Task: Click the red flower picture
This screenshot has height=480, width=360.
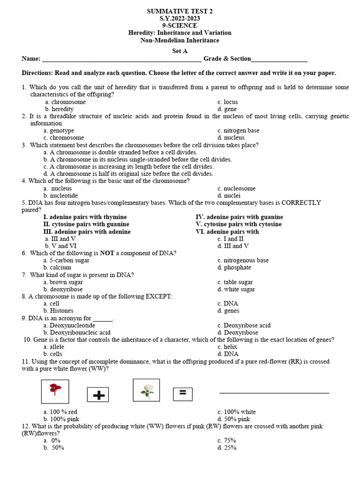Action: click(55, 391)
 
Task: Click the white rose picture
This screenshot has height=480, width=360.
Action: click(146, 390)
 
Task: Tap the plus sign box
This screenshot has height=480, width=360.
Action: click(97, 395)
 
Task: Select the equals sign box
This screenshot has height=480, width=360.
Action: click(183, 394)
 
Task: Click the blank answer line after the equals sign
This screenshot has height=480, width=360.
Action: click(274, 392)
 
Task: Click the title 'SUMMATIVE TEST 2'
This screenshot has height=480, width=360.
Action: click(180, 11)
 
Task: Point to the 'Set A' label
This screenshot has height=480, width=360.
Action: click(180, 51)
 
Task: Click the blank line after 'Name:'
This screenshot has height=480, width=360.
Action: click(122, 60)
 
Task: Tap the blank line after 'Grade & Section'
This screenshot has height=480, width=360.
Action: click(279, 60)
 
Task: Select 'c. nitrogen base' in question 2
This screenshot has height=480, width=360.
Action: click(238, 131)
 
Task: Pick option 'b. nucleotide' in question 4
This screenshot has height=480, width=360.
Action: click(60, 195)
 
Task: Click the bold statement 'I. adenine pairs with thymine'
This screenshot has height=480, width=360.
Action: click(85, 217)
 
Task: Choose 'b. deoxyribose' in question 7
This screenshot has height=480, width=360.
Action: click(63, 290)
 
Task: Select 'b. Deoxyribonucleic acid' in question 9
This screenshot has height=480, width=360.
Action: click(77, 333)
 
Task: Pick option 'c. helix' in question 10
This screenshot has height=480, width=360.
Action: click(227, 347)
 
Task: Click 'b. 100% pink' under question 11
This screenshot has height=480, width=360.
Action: click(61, 419)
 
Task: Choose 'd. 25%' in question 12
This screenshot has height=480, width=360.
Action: click(227, 448)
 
